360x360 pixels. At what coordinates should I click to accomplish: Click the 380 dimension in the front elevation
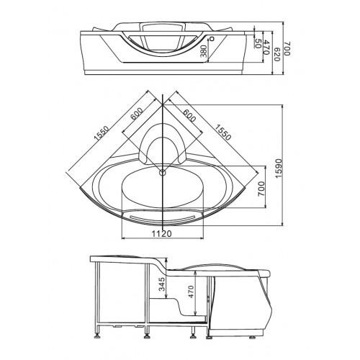click(204, 51)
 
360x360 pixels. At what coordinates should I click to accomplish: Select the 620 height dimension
click(277, 55)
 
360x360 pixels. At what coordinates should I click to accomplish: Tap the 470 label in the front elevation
click(266, 47)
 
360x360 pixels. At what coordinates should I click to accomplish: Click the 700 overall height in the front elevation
click(287, 49)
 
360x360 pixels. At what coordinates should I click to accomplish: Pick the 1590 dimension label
click(279, 168)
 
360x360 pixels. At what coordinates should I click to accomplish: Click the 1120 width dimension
click(162, 233)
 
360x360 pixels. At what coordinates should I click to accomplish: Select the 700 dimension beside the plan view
click(261, 189)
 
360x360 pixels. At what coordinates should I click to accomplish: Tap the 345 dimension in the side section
click(163, 284)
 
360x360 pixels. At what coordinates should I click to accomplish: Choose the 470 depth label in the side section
click(191, 292)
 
